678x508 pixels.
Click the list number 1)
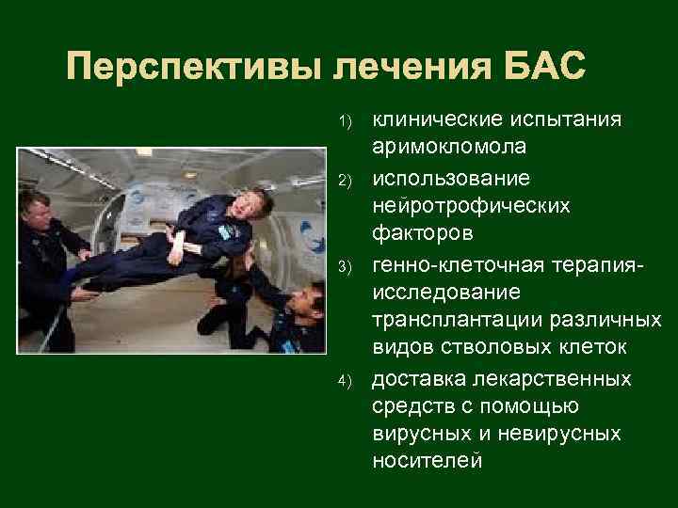[346, 121]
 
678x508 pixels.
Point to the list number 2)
[346, 180]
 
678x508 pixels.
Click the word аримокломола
[449, 149]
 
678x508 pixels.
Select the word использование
[451, 178]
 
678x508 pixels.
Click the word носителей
[428, 461]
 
